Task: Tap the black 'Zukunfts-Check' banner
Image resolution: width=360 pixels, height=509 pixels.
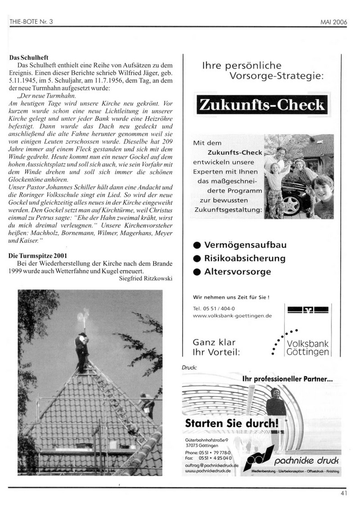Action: point(261,105)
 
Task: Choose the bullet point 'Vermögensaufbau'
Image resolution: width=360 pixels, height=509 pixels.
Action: point(245,245)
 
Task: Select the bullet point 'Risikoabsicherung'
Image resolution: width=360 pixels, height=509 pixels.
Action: point(245,258)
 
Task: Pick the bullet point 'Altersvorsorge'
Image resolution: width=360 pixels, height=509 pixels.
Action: point(238,272)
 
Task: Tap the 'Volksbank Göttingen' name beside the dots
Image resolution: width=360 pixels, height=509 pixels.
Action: point(308,347)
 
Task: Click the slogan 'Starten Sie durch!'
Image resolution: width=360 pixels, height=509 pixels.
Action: point(232,423)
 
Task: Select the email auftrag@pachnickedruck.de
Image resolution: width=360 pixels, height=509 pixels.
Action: point(208,464)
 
